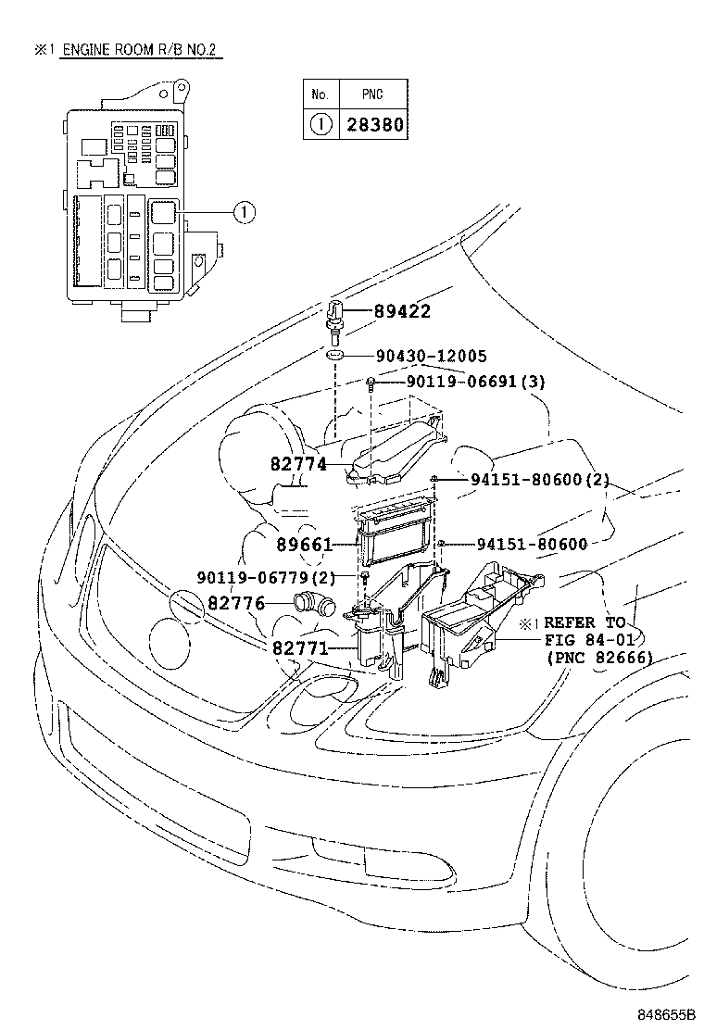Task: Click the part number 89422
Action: coord(402,312)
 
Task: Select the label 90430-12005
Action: coord(433,356)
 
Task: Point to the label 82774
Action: coord(298,464)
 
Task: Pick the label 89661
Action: coord(304,545)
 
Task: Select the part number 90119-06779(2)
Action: coord(264,578)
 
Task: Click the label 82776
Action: coord(236,604)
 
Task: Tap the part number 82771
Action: coord(300,647)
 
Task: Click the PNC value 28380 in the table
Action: coord(375,124)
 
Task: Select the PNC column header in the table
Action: coord(373,94)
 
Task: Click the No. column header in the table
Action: coord(321,94)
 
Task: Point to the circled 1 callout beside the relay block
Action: coord(243,213)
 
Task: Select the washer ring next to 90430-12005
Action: coord(337,356)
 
